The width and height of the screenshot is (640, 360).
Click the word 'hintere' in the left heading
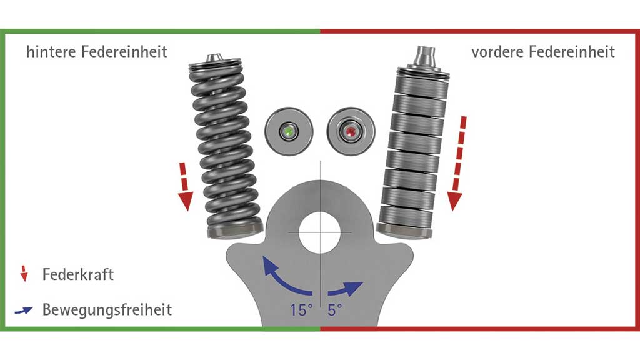(x=51, y=52)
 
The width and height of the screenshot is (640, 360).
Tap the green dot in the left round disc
(x=289, y=131)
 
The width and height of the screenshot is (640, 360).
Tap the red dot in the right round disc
(x=351, y=131)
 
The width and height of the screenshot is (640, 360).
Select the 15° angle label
(x=301, y=310)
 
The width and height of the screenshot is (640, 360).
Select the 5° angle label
(x=335, y=310)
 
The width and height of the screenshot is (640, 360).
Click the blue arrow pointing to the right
(x=345, y=289)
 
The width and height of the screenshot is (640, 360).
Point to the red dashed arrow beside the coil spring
(x=185, y=186)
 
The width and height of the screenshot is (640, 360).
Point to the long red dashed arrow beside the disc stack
(x=457, y=163)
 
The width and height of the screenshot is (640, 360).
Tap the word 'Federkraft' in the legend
(x=78, y=275)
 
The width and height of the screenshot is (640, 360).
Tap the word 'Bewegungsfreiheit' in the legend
(x=107, y=310)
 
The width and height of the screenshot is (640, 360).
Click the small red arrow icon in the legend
(x=24, y=274)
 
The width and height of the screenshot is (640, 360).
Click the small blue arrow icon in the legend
(x=24, y=311)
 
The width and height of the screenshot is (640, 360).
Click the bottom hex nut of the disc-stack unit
(x=403, y=232)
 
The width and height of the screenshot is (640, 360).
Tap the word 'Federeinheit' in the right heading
(x=572, y=52)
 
